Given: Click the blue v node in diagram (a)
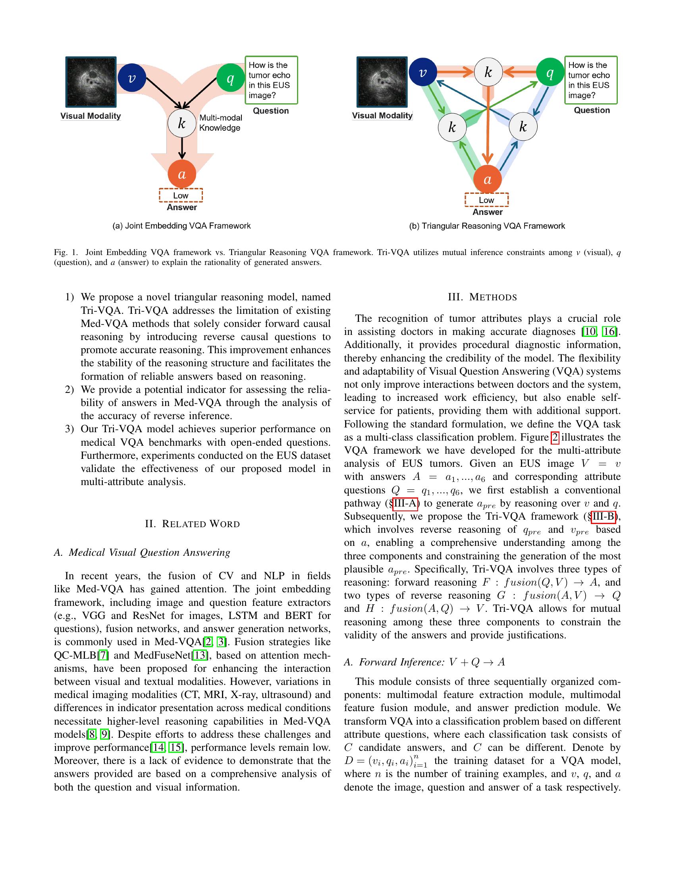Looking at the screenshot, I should (x=131, y=77).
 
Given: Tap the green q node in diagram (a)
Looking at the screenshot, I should (x=230, y=78).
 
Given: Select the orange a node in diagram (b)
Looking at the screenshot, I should (x=487, y=179).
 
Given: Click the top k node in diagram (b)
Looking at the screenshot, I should (x=488, y=72).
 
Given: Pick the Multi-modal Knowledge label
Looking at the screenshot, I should (x=220, y=123).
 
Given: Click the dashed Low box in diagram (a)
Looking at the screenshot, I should (x=181, y=195).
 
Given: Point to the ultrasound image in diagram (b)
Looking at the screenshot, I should (x=382, y=82).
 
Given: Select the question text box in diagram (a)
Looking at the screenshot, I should (x=271, y=80).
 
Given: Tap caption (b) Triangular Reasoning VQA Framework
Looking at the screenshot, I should (x=487, y=226).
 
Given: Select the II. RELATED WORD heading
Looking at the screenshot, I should (x=192, y=524).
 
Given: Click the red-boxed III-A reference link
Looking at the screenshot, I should (x=405, y=503).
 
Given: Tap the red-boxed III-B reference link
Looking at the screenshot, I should (x=603, y=516).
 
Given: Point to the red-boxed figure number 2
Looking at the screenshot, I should (x=555, y=437).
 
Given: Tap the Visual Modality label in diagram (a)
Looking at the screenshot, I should (x=91, y=116).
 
